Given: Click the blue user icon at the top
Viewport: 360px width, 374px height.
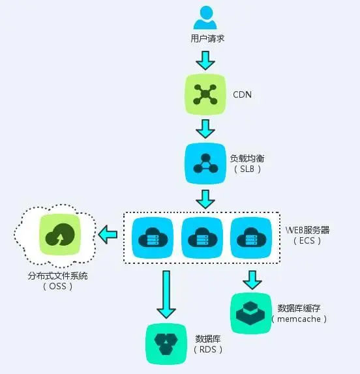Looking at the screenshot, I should coord(205,17).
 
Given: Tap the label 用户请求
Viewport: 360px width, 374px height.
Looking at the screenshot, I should coord(205,39).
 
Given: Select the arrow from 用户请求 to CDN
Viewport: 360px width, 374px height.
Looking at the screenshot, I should coord(205,59).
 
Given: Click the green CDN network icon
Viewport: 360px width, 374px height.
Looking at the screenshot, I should coord(205,95).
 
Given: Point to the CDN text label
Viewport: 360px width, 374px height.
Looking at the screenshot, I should coord(243,95).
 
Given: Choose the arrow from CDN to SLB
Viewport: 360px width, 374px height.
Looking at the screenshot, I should coord(205,128).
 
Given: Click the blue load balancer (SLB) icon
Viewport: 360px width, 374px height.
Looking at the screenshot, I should coord(205,163).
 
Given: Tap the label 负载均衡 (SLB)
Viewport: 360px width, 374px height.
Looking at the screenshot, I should coord(247,163).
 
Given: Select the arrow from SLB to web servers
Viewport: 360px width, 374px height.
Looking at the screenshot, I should coord(205,198).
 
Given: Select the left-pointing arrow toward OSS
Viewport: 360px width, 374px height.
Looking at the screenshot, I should coord(108,234).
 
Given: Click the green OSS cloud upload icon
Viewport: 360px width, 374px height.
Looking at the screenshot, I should coord(59,234).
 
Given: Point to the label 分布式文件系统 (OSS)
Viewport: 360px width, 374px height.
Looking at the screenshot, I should coord(57,281).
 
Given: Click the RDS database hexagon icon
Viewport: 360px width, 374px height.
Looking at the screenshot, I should coord(166,344).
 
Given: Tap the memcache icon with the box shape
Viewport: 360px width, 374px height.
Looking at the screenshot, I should coord(251,313).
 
